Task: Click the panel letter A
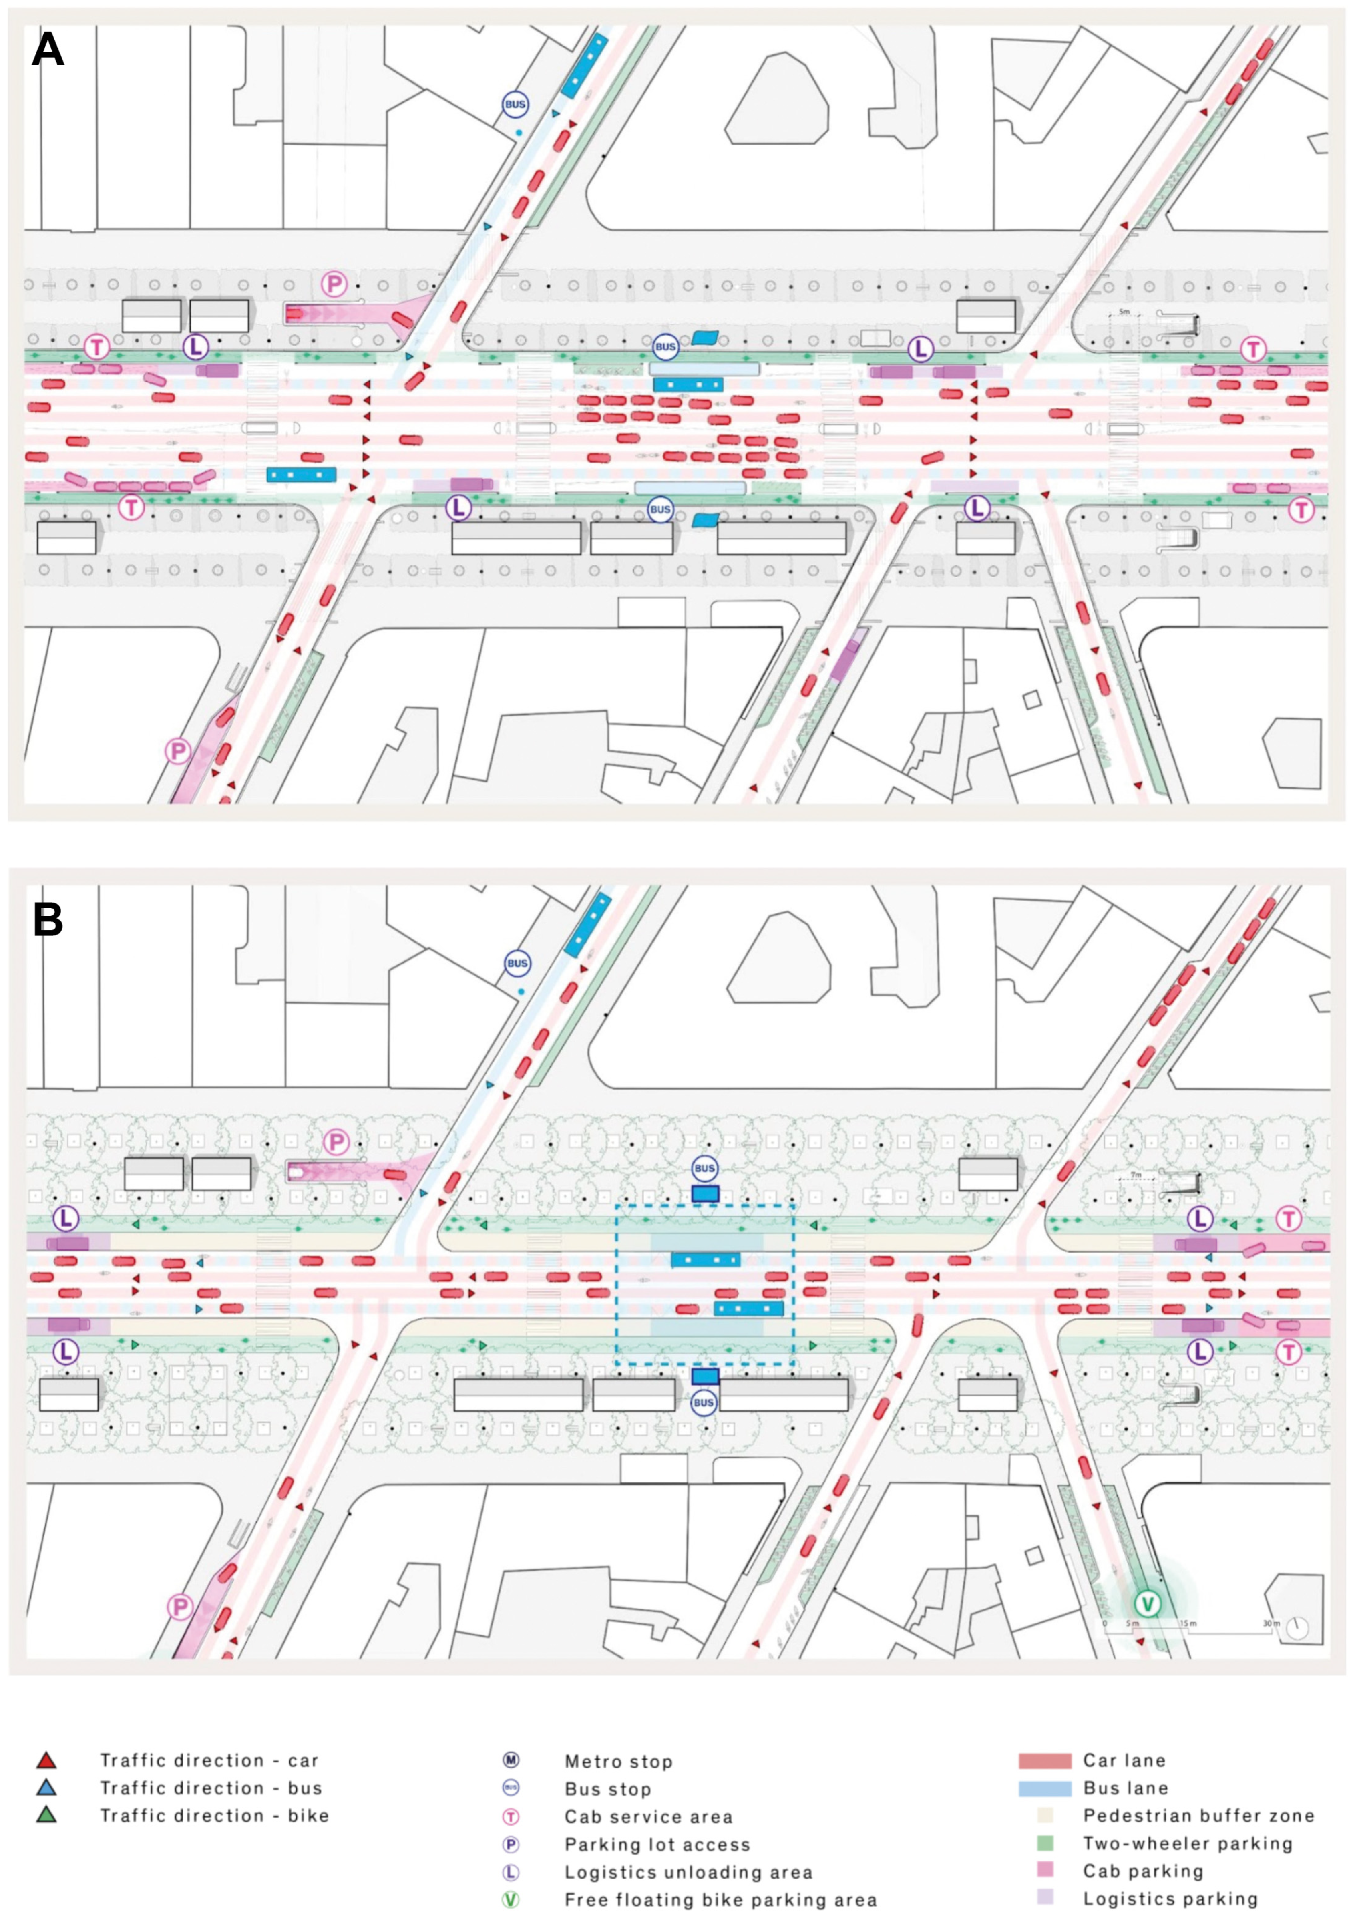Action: (x=48, y=50)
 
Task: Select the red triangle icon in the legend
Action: (x=47, y=1760)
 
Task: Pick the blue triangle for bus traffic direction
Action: (x=47, y=1788)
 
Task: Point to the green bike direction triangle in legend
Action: (x=47, y=1815)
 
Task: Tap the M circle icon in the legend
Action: (x=511, y=1760)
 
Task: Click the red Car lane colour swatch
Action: (x=1045, y=1761)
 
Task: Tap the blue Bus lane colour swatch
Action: (x=1045, y=1788)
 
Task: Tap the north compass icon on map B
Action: (x=1297, y=1627)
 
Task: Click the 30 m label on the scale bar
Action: (x=1269, y=1623)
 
